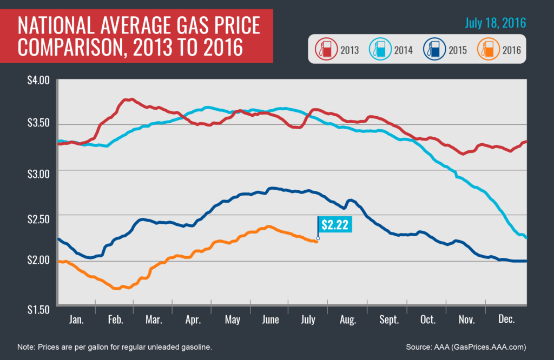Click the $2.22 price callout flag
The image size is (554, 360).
coord(334,224)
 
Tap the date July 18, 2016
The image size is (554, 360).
coord(496,24)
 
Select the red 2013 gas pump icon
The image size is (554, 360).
coord(324,50)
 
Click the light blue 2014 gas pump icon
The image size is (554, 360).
coord(378,50)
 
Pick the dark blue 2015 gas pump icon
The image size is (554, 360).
coord(432,50)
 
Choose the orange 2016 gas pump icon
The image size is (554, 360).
coord(486,50)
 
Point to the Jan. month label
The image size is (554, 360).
coord(76,319)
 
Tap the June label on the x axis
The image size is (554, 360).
coord(270,319)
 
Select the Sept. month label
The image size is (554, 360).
coord(389,319)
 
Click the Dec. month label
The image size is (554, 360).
coord(507,319)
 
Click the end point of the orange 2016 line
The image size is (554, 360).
coord(317,241)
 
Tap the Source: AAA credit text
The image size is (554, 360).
coord(466,346)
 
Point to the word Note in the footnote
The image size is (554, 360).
coord(26,346)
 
